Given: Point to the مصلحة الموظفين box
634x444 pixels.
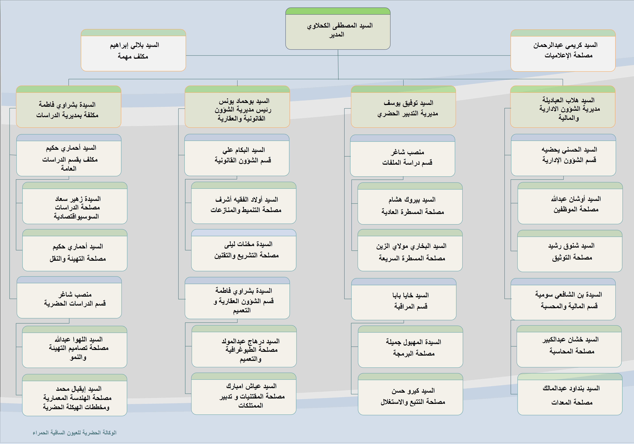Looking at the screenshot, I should coord(570,204).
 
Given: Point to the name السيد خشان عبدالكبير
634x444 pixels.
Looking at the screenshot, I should coord(570,339).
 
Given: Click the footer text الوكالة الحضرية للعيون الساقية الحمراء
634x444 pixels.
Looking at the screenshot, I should coord(75,432).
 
